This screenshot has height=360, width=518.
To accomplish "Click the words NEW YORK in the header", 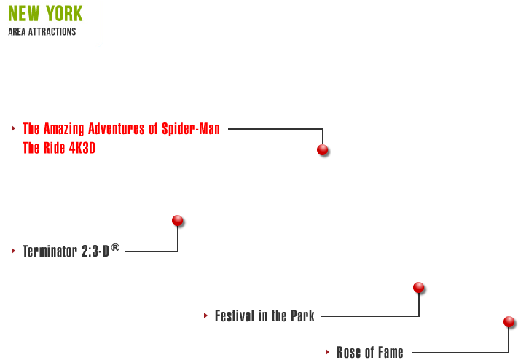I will [45, 14].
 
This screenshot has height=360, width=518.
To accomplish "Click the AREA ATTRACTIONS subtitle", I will [42, 32].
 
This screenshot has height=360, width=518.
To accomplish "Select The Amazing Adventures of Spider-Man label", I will [121, 129].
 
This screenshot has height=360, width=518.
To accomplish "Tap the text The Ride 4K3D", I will [59, 148].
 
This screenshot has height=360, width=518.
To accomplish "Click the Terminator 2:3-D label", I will [66, 251].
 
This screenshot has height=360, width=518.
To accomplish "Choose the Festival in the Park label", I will [264, 316].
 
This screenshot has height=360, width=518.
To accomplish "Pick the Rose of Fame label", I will [369, 353].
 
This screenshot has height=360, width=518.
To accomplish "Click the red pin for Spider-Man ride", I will [322, 149].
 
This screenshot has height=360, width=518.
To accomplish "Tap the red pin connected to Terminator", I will [177, 219].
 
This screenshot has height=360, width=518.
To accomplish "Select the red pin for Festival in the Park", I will [418, 287].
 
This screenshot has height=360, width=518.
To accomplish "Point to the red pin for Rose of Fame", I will [509, 321].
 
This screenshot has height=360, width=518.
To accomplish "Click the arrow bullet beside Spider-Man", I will [13, 129].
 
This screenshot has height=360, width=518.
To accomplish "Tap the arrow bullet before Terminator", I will [13, 251].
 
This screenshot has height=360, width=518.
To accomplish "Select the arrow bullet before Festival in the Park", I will [205, 316].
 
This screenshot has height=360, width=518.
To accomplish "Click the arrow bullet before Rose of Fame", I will [327, 352].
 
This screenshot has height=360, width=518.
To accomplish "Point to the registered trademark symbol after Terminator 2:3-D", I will [115, 248].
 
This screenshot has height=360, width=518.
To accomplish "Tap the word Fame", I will [389, 353].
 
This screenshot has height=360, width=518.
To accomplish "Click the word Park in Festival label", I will [302, 316].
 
